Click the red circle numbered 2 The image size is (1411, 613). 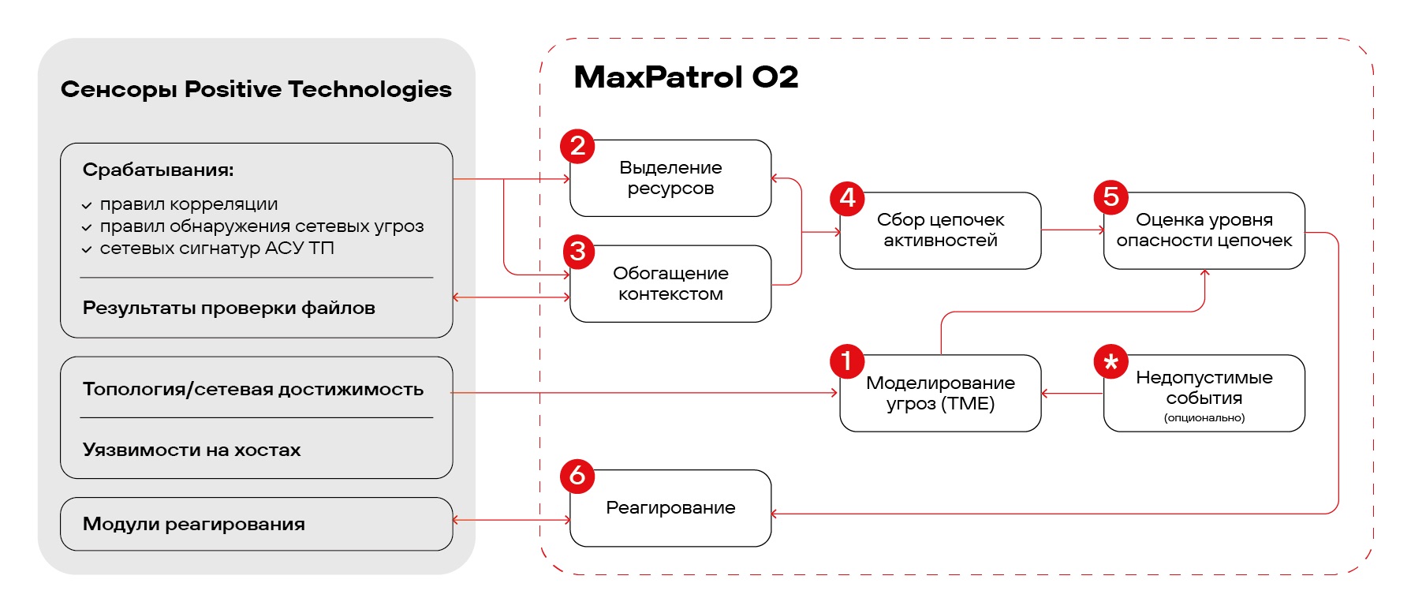click(577, 147)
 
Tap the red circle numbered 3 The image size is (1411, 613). click(578, 252)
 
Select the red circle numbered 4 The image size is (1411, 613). click(847, 197)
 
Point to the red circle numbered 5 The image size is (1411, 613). click(1111, 197)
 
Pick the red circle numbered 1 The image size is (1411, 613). click(847, 361)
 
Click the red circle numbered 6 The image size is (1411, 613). click(577, 476)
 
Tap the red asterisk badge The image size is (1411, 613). click(1111, 362)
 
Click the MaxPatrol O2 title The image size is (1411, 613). click(685, 77)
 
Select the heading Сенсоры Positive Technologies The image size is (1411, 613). click(256, 89)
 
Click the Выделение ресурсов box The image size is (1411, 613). click(670, 178)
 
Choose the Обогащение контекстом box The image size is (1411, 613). click(670, 284)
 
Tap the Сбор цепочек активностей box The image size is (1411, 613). click(940, 231)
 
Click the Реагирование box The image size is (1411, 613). click(670, 508)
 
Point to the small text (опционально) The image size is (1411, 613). click(1204, 418)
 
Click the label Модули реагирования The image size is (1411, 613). click(194, 525)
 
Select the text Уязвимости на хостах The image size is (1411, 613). click(192, 450)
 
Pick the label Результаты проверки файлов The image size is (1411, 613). click(229, 308)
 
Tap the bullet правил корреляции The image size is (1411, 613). click(189, 204)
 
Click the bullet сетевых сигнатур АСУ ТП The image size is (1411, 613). click(217, 249)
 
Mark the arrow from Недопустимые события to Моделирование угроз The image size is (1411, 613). click(1072, 393)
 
